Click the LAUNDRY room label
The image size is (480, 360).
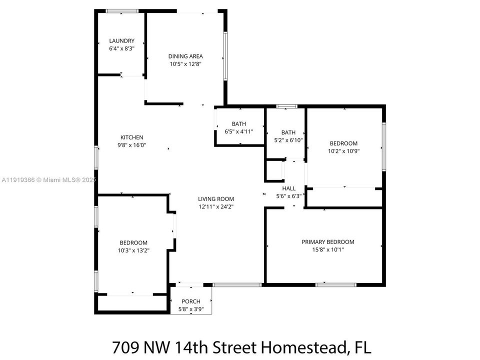point(122,40)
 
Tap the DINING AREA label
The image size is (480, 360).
point(185,56)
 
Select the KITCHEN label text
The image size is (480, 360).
point(131,137)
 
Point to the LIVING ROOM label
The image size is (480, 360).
point(216,199)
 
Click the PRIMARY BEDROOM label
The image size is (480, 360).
point(328,242)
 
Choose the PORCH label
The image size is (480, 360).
point(191,301)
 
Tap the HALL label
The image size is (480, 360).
point(288,188)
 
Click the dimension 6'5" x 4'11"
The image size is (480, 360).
point(239,131)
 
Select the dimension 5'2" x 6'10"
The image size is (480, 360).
point(288,140)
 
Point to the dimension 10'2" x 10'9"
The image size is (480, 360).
point(343,151)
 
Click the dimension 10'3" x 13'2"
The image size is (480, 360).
point(133,250)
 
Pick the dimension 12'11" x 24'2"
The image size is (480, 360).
point(216,206)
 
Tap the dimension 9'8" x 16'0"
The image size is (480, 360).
point(131,145)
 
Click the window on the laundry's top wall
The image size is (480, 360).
point(122,11)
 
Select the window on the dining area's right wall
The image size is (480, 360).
point(225,56)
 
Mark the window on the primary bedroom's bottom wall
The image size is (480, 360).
point(336,284)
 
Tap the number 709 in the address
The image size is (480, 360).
point(126,347)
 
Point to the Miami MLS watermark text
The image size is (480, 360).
point(49,180)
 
